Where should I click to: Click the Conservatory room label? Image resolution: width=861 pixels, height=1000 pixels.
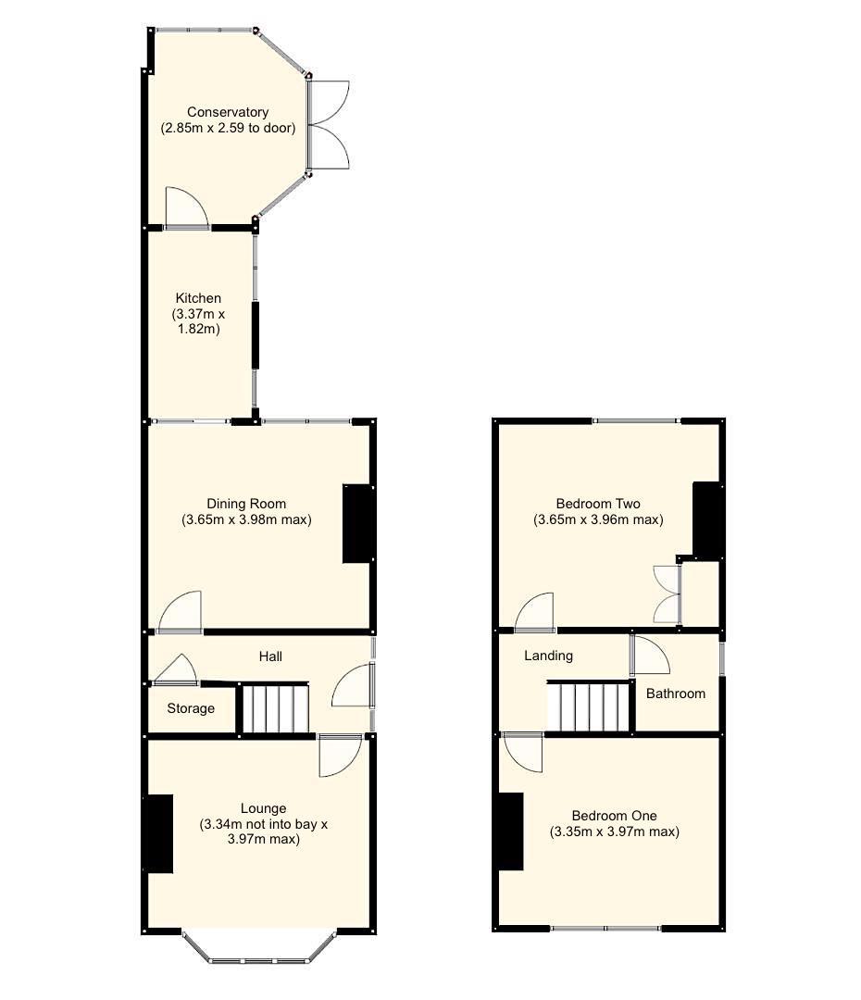[x=228, y=113]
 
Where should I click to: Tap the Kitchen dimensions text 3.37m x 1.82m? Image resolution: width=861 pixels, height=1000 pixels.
[x=198, y=321]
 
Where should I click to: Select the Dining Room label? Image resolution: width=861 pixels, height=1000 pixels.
[x=246, y=504]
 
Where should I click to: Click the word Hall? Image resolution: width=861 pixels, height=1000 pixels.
[x=270, y=656]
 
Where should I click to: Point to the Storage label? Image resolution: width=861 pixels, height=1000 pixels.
[x=191, y=708]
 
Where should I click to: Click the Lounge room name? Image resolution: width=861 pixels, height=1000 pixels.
[x=263, y=808]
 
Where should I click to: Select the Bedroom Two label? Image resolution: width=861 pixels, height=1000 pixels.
[x=598, y=504]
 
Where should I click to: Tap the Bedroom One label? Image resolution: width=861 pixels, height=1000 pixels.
[x=614, y=816]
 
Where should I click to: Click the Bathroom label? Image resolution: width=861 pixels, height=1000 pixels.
[x=676, y=694]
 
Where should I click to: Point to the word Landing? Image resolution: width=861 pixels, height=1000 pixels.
[x=548, y=656]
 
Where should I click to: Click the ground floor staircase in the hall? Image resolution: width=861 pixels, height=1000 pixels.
[x=274, y=708]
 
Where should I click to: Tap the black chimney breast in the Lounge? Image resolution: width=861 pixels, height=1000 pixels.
[x=158, y=833]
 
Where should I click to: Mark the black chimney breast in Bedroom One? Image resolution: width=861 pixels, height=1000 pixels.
[x=510, y=831]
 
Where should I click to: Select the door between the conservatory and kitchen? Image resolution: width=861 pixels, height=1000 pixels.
[x=186, y=208]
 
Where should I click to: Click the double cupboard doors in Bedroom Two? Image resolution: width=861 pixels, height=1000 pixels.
[x=667, y=594]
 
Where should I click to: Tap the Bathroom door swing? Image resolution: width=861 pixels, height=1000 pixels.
[x=651, y=655]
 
